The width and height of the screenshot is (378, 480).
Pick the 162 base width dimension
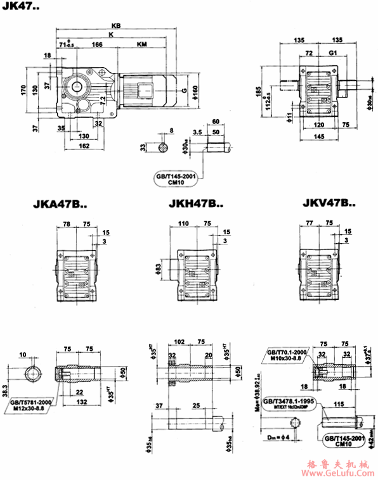[84, 146]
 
